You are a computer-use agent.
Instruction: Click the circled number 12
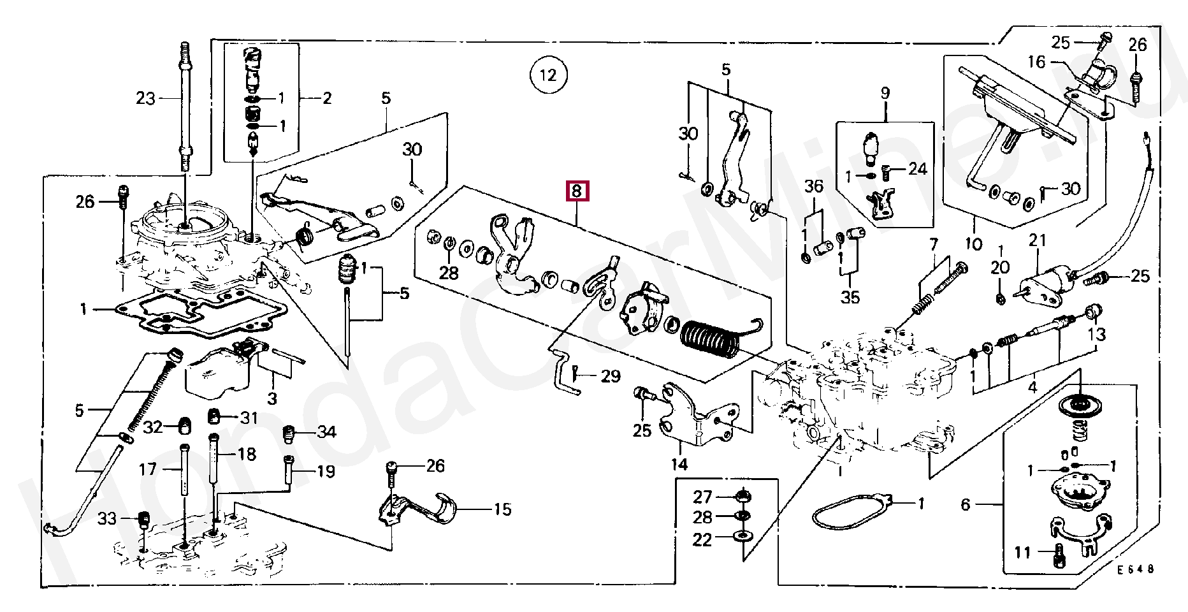coord(547,75)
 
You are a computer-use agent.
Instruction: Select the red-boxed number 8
coord(576,191)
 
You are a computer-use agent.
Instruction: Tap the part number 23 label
coord(145,99)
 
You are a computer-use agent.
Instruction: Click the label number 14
coord(679,463)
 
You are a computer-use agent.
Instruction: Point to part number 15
coord(502,509)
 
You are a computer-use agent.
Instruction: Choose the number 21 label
coord(1038,240)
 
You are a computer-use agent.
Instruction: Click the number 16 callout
coord(1037,62)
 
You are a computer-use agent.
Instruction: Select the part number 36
coord(813,187)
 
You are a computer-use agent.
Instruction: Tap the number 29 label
coord(610,376)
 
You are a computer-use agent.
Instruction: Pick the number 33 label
coord(107,519)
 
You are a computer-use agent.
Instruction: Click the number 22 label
coord(702,540)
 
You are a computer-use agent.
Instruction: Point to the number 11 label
coord(1022,552)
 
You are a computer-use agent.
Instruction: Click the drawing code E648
coord(1135,569)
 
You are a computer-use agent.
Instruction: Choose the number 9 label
coord(885,93)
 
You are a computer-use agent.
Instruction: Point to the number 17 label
coord(148,470)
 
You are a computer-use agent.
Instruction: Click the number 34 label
coord(326,432)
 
